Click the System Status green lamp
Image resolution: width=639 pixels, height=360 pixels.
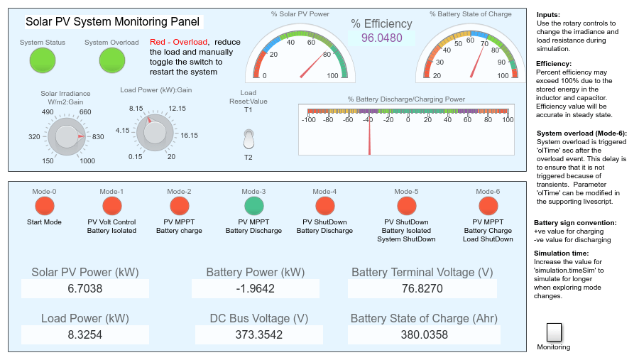43,60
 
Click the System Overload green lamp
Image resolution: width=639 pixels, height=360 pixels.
112,60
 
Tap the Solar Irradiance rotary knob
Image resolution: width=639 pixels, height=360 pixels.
67,136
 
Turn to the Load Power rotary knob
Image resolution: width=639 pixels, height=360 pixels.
155,132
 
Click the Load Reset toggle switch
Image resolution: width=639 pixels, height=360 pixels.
248,138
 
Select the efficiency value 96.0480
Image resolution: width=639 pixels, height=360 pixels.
381,38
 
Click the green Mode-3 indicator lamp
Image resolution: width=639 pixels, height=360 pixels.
254,206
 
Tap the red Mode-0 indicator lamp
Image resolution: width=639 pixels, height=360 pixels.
45,206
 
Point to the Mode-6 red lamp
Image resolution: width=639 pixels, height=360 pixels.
488,206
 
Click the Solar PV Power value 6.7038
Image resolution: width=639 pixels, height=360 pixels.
84,289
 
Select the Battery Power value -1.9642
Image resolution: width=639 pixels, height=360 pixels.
255,289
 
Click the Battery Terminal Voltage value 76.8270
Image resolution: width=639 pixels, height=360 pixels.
422,289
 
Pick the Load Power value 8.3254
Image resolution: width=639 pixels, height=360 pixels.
84,334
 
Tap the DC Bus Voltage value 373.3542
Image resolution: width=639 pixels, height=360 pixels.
258,334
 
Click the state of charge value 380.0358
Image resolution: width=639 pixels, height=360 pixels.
425,334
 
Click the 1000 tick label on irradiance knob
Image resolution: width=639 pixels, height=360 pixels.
87,161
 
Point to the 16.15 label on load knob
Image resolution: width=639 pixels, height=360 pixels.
189,136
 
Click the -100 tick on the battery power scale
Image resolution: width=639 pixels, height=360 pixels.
309,120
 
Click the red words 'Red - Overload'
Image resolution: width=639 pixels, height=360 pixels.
178,42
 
